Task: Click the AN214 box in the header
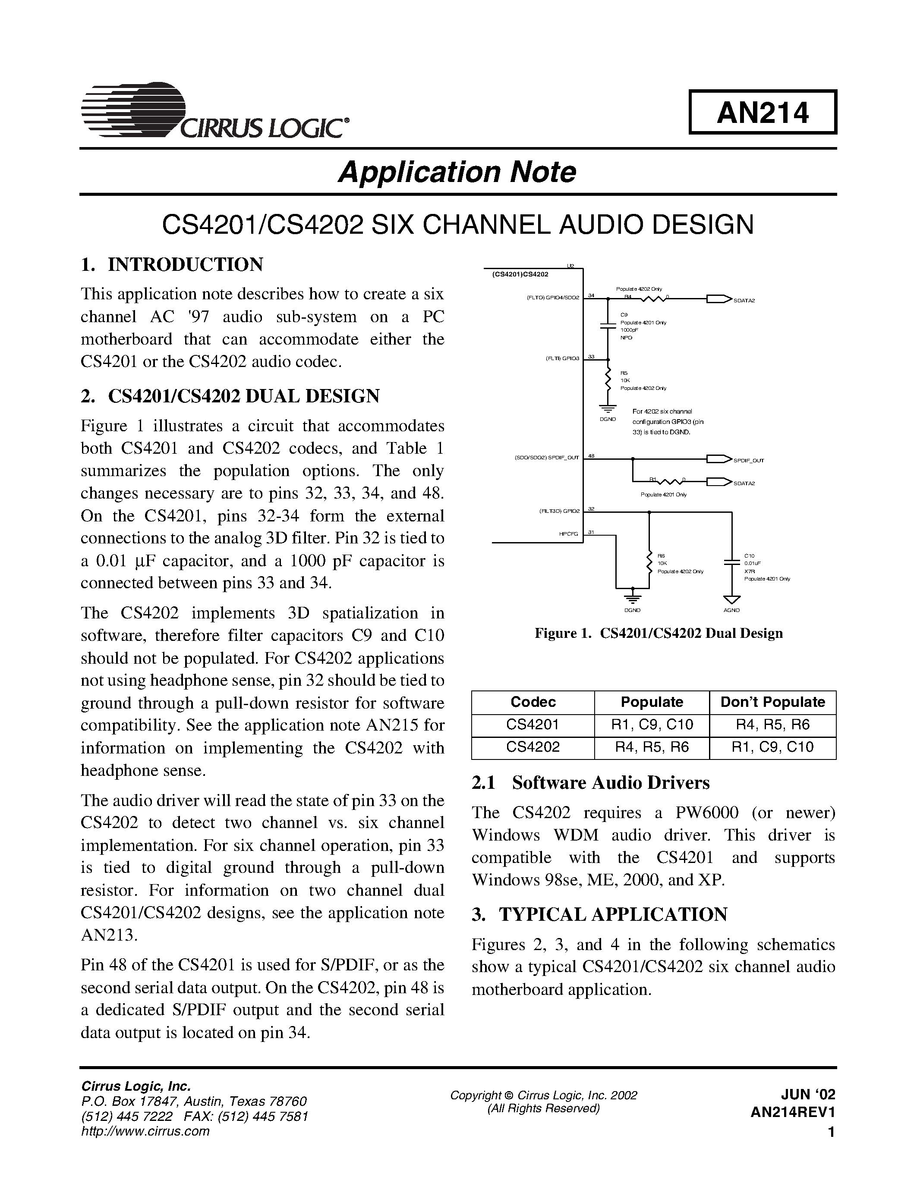pyautogui.click(x=762, y=113)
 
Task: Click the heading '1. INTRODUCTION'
pyautogui.click(x=172, y=264)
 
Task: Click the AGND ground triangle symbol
pyautogui.click(x=732, y=599)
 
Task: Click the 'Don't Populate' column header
pyautogui.click(x=772, y=702)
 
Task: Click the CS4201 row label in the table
pyautogui.click(x=533, y=725)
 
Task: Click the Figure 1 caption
pyautogui.click(x=659, y=633)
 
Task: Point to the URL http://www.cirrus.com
pyautogui.click(x=145, y=1131)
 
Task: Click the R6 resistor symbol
pyautogui.click(x=649, y=562)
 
